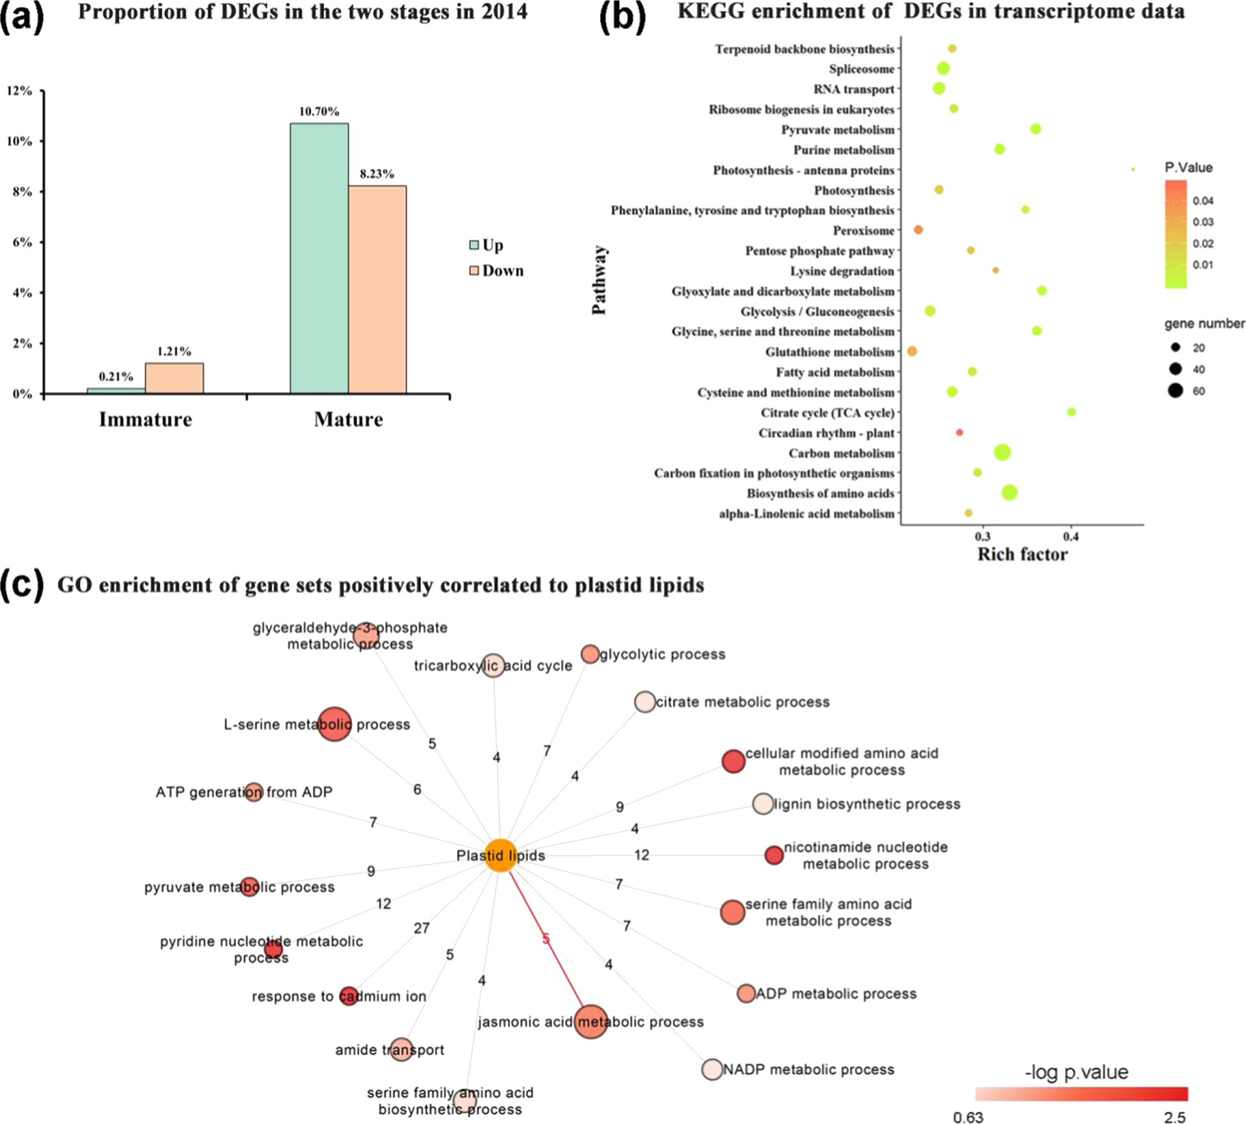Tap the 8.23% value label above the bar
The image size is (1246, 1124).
[377, 174]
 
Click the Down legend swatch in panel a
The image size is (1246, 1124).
[474, 270]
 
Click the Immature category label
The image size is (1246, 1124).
[145, 419]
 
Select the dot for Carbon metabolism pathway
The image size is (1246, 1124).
[1002, 452]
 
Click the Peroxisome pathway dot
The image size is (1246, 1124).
[918, 229]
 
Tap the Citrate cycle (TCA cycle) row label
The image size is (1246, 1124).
[827, 413]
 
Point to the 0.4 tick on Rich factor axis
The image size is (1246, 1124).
[1070, 536]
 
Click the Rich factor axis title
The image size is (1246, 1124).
[1022, 554]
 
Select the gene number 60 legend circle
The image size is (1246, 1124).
[1175, 390]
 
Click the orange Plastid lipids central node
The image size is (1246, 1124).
[500, 855]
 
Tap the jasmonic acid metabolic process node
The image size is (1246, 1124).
[591, 1021]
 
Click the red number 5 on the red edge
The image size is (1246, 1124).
[546, 939]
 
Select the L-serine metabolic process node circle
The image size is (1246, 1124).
[334, 724]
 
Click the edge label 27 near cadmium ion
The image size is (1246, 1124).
[422, 928]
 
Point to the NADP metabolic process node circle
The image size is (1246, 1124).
[712, 1069]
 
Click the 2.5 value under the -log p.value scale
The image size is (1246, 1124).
[1174, 1117]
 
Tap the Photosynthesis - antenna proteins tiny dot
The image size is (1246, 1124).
[1133, 170]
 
